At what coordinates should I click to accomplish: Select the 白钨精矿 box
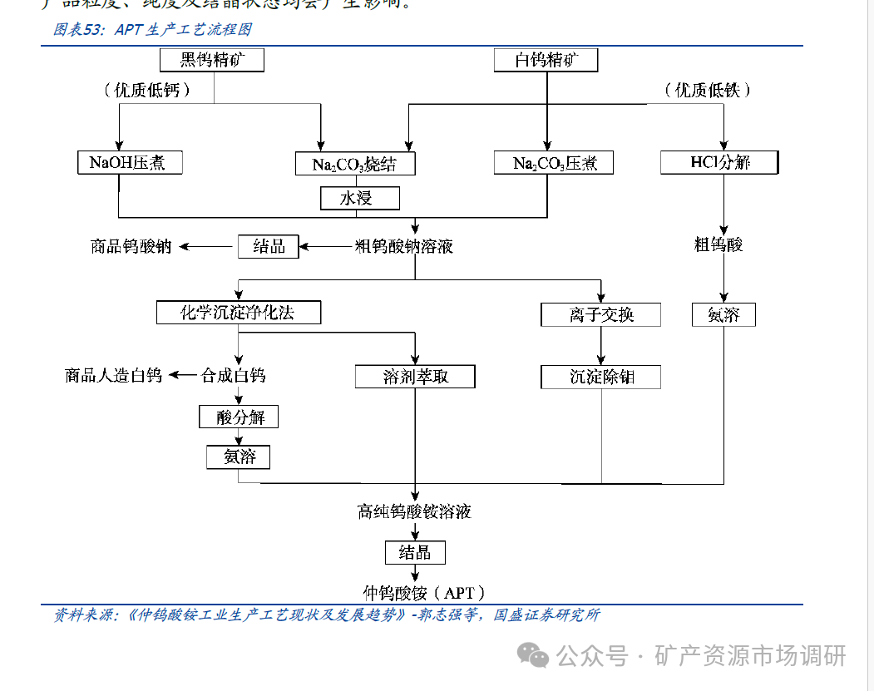546,60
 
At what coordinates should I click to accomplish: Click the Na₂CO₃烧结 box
355,164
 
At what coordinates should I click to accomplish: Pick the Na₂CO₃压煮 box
553,162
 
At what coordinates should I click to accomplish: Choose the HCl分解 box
719,162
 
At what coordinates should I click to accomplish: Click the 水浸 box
359,198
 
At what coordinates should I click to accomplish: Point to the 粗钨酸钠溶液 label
404,246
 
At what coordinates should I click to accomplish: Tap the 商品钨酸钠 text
131,246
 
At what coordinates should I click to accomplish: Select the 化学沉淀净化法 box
239,313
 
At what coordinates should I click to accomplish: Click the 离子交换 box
600,314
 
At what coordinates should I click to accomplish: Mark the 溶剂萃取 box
415,377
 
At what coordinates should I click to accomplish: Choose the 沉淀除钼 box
600,377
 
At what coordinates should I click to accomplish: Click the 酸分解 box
239,417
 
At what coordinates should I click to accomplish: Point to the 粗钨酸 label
718,244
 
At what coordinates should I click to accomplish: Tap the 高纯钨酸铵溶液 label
414,511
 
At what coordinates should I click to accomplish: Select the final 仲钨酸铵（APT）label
423,593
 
